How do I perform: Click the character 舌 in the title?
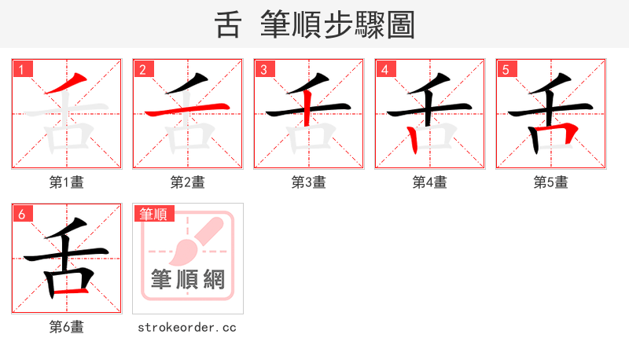click(228, 24)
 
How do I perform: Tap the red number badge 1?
click(22, 69)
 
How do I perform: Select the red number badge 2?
click(143, 69)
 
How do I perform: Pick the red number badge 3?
click(264, 69)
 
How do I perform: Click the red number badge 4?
click(385, 69)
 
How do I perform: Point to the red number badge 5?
click(506, 69)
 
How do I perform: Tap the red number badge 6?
click(22, 214)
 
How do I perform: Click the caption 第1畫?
click(67, 182)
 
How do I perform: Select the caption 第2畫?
click(188, 182)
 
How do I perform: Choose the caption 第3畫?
click(309, 182)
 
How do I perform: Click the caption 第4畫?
click(430, 182)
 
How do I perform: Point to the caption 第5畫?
click(551, 182)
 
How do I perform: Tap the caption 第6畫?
click(67, 327)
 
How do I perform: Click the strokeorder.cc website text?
click(187, 327)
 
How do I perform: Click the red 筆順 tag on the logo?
click(153, 214)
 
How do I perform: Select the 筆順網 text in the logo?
click(188, 280)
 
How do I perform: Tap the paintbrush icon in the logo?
click(193, 244)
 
